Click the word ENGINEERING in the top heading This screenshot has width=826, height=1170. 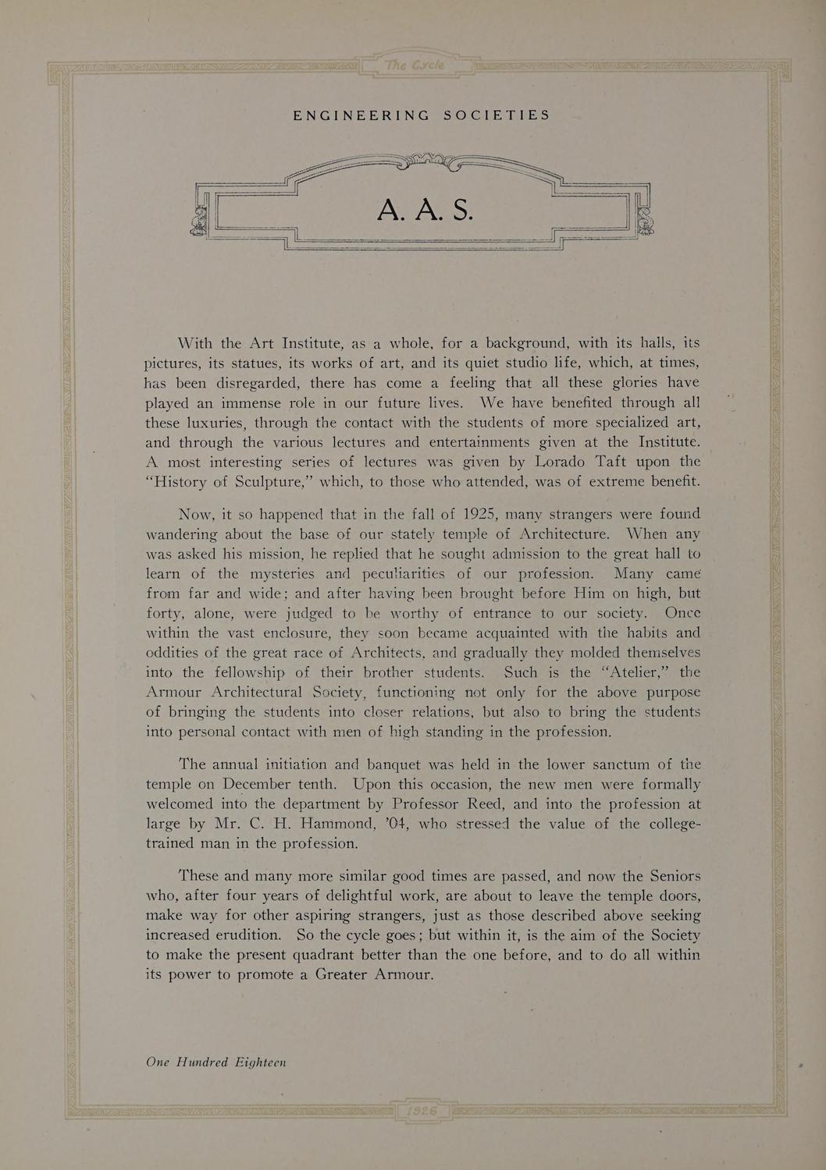coord(361,115)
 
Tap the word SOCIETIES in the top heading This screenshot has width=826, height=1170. coord(497,115)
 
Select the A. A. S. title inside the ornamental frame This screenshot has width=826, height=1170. coord(424,208)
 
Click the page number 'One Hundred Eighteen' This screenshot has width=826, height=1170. coord(216,1062)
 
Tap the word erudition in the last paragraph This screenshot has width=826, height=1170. coord(241,934)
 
